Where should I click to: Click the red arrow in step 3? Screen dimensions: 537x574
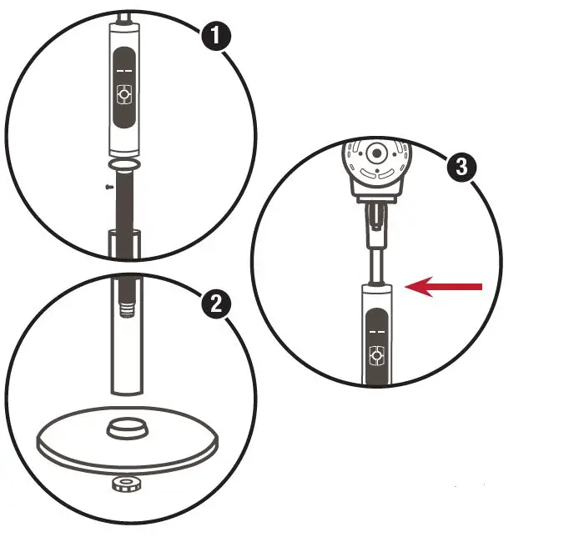click(x=447, y=288)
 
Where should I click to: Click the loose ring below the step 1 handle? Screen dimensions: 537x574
click(x=125, y=163)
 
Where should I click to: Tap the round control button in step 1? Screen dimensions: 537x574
click(x=125, y=96)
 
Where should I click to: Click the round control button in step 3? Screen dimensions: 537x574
click(x=375, y=356)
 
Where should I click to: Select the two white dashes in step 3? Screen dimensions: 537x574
click(x=375, y=330)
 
